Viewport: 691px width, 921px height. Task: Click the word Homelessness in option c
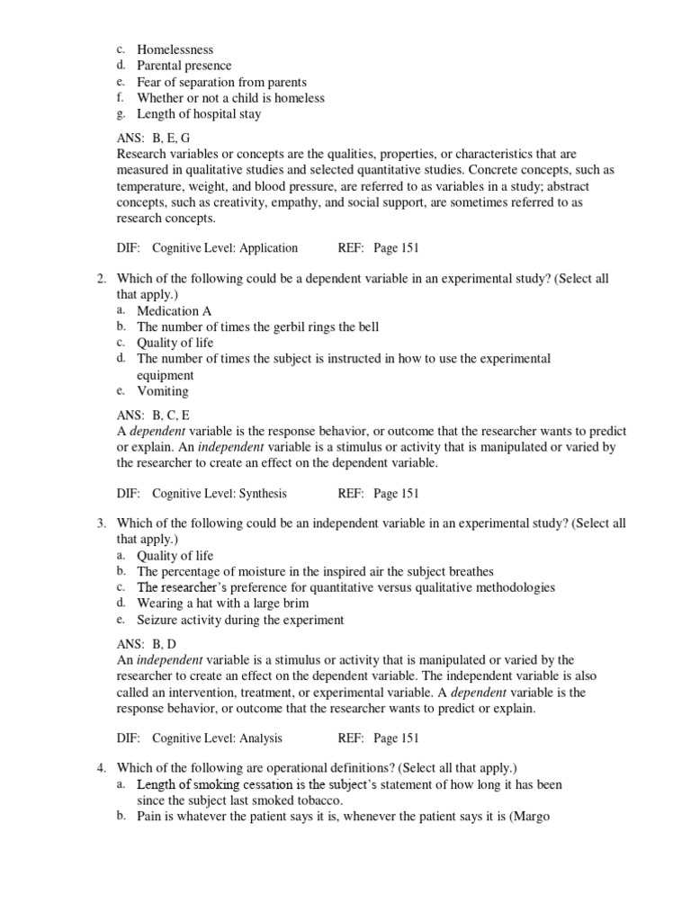[x=175, y=49]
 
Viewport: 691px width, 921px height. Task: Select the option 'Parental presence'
[x=184, y=66]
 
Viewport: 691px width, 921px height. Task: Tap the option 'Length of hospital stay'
[x=199, y=114]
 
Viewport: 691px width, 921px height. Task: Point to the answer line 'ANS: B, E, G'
[x=153, y=139]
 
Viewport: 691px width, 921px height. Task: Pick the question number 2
[x=102, y=279]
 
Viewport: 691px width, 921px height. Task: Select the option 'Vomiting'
[x=162, y=391]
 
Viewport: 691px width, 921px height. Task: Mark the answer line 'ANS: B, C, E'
[x=153, y=416]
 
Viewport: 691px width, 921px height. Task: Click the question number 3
[x=102, y=523]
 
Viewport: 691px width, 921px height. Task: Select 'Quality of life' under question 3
[x=175, y=556]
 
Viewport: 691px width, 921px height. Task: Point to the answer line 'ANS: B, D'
[x=148, y=644]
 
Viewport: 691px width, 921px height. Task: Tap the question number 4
[x=102, y=768]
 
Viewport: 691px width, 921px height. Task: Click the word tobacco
[x=321, y=800]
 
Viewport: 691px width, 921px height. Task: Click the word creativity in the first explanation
[x=229, y=203]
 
